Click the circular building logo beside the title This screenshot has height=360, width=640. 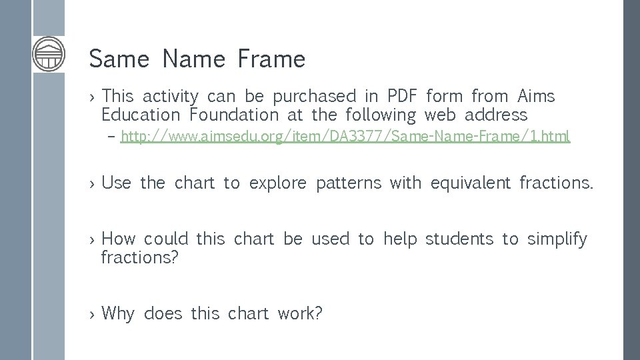coord(49,54)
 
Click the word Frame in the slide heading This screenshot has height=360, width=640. coord(270,59)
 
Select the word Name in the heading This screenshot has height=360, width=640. coord(194,59)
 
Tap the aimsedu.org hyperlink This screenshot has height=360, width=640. coord(345,137)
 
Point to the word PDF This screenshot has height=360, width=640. coord(402,97)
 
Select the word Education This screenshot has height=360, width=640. coord(141,115)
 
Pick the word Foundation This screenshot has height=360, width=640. coord(234,115)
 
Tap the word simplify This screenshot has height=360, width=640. coord(557,239)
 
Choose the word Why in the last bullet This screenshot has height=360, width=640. coord(118,313)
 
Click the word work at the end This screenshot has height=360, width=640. coord(300,313)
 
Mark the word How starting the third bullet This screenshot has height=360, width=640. coord(119,239)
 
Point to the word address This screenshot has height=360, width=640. coord(496,115)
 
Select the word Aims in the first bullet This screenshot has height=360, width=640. coord(536,97)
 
